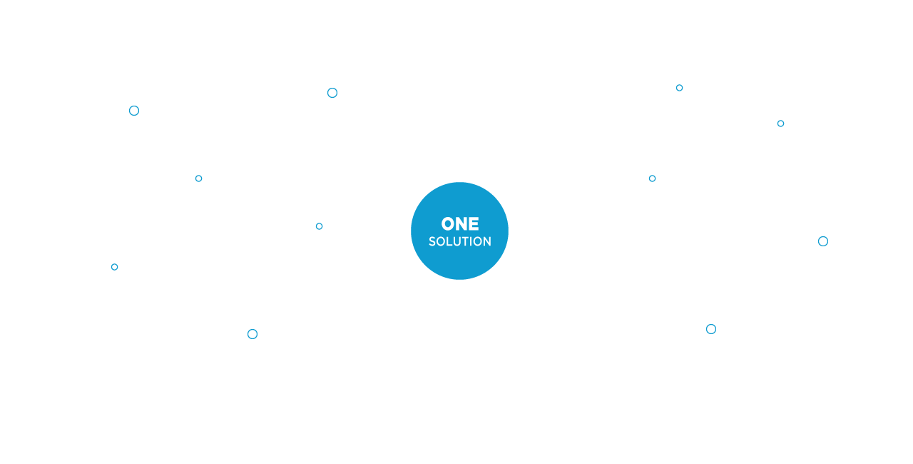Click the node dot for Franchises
tap(134, 111)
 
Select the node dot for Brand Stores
tap(332, 93)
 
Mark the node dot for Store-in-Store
tap(114, 267)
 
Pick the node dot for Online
tap(253, 333)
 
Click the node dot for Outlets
tap(679, 88)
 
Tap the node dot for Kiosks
tap(822, 241)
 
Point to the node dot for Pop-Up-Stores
tap(710, 329)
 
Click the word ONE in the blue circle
tap(460, 224)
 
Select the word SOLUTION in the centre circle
tap(460, 242)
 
